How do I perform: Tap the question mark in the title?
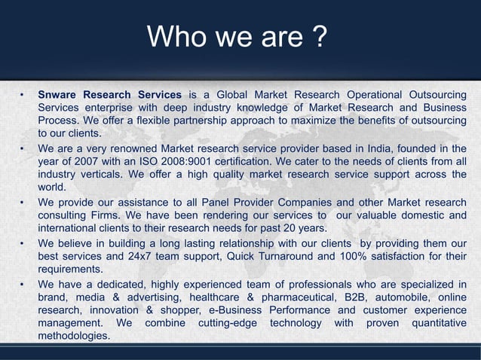319,35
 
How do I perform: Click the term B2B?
350,297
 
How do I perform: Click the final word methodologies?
74,336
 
